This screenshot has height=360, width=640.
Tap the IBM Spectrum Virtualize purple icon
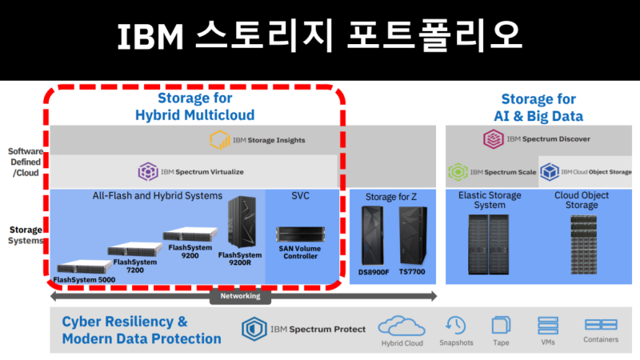tap(147, 171)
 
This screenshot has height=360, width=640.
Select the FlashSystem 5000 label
tap(84, 279)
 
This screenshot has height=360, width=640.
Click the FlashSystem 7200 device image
tap(132, 249)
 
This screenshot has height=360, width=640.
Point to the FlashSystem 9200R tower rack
tap(242, 223)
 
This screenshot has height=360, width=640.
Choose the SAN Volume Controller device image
tap(300, 234)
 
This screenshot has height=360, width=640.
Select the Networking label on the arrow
tap(240, 296)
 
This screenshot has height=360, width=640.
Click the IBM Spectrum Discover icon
tap(493, 139)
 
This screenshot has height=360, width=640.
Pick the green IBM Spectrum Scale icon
tap(458, 171)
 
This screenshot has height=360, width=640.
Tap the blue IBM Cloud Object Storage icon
tap(549, 171)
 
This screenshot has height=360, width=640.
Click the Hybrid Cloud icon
tap(402, 326)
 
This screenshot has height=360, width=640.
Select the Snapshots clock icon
tap(456, 325)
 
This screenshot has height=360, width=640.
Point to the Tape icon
tap(501, 325)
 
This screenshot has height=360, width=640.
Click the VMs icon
tap(548, 325)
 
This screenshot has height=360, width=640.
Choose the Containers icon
tap(601, 325)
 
